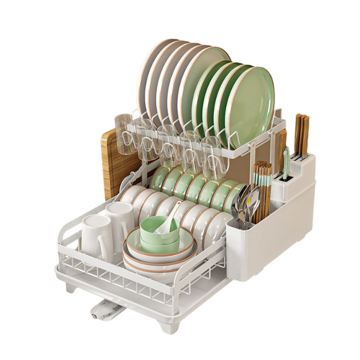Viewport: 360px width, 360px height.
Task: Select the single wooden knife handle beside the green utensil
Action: click(282, 147)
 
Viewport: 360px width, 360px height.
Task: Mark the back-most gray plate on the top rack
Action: click(154, 72)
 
